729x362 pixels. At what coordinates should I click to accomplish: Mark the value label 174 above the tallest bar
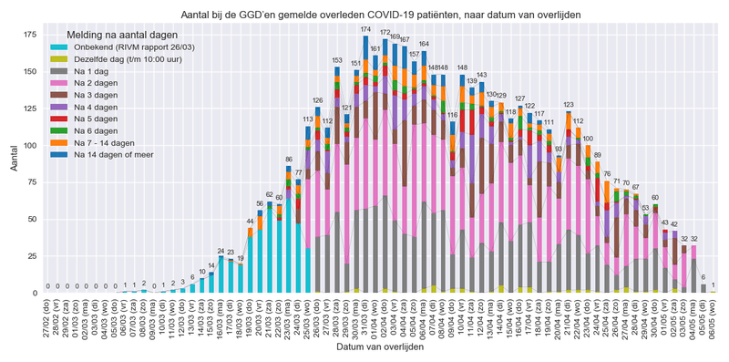(x=365, y=30)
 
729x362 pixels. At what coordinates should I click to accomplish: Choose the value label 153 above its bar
(x=337, y=61)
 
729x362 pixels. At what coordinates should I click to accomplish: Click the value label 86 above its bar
(x=289, y=160)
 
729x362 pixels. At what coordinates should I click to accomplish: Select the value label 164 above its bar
(x=424, y=45)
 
